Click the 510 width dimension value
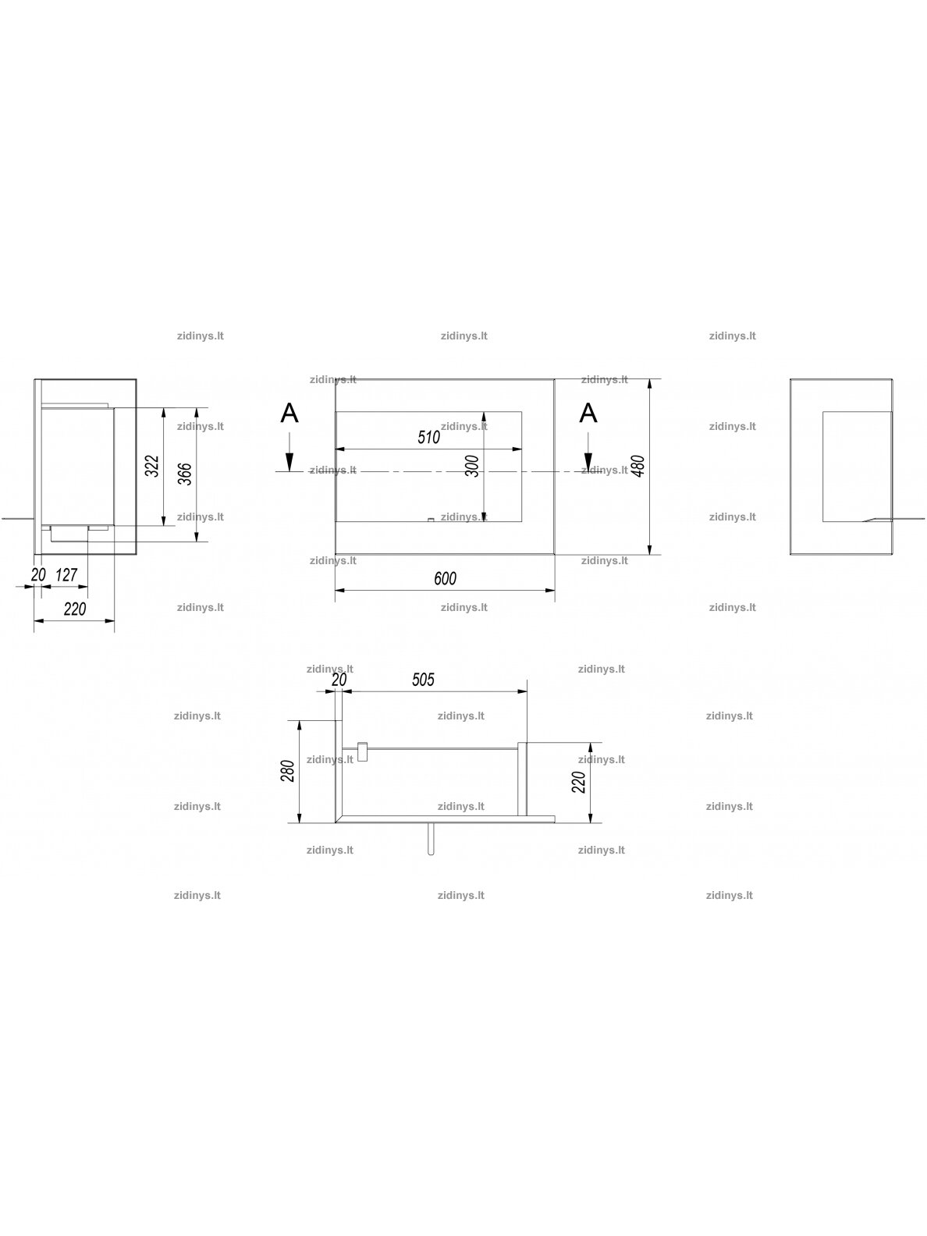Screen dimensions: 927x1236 pos(429,438)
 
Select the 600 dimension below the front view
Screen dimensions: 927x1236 pos(445,579)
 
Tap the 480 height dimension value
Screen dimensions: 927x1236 pos(638,467)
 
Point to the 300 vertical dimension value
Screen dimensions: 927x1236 pos(473,466)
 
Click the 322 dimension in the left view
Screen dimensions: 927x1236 pos(152,467)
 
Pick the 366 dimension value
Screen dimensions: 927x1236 pos(185,474)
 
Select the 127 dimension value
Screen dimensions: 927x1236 pos(66,575)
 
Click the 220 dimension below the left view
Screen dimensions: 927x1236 pos(75,609)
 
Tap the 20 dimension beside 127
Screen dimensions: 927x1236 pos(38,575)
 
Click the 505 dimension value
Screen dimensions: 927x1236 pos(423,680)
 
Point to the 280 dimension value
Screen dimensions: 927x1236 pos(288,771)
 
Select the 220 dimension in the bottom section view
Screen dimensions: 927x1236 pos(579,782)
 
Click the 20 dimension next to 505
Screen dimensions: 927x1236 pos(339,680)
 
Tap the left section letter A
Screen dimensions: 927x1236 pos(289,414)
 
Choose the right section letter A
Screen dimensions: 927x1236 pos(588,414)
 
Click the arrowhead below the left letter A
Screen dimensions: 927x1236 pos(289,463)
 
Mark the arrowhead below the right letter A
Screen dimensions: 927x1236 pos(588,463)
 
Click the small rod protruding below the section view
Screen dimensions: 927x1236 pos(431,840)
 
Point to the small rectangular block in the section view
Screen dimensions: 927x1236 pos(362,751)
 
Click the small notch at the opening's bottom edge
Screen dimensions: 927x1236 pos(431,520)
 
